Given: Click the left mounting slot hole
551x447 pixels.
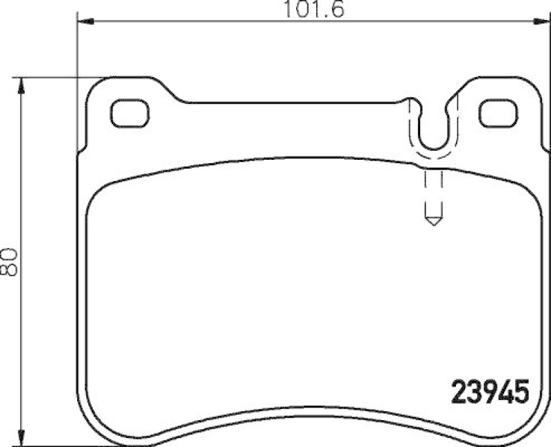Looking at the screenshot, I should point(130,113).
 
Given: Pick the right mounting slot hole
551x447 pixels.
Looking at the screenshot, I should point(498,113).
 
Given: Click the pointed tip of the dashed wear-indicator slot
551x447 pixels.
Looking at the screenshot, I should point(433,223).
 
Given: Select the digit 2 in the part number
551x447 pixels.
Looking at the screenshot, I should point(458,393).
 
